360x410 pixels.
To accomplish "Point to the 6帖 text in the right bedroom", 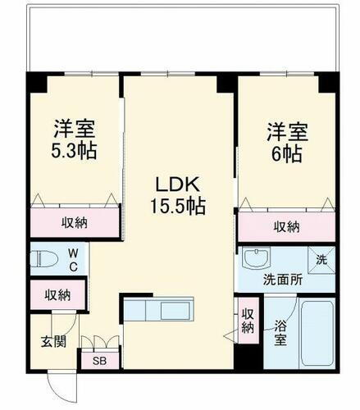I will click(x=285, y=154).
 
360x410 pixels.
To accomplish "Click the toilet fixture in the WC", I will click(x=46, y=259).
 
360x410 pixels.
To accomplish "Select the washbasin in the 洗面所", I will click(x=260, y=259).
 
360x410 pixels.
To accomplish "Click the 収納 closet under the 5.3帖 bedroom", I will click(x=75, y=222).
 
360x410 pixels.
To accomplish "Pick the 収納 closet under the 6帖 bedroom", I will click(x=286, y=226).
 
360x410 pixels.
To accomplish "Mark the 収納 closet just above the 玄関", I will click(x=57, y=294).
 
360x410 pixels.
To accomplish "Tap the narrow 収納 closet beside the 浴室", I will click(x=248, y=321).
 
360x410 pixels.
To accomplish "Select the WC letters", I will click(x=73, y=259).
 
